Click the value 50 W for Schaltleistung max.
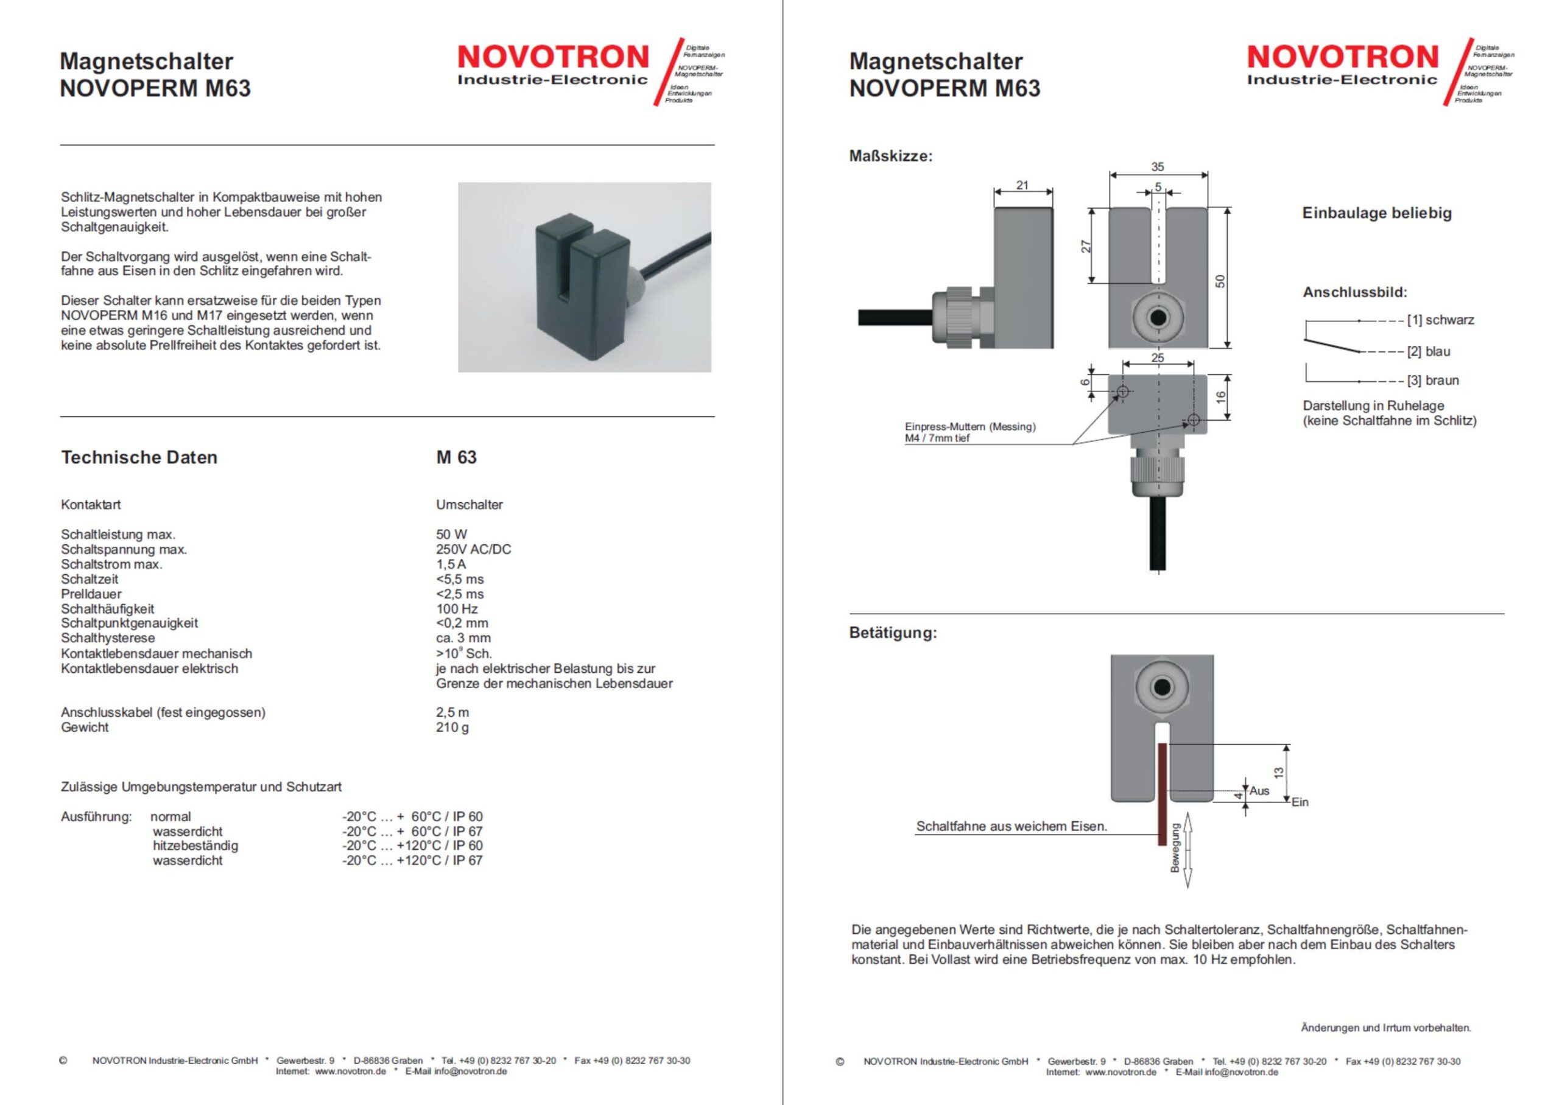pyautogui.click(x=451, y=534)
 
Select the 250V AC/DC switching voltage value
pyautogui.click(x=473, y=549)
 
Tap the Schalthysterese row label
pyautogui.click(x=108, y=637)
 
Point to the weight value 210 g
pyautogui.click(x=452, y=727)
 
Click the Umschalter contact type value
pyautogui.click(x=469, y=504)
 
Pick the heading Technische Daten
pyautogui.click(x=139, y=457)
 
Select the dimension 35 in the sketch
pyautogui.click(x=1158, y=167)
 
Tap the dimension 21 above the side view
pyautogui.click(x=1022, y=185)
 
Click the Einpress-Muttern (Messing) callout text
pyautogui.click(x=970, y=427)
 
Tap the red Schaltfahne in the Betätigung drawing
pyautogui.click(x=1163, y=793)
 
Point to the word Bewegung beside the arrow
pyautogui.click(x=1175, y=848)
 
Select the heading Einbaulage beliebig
pyautogui.click(x=1377, y=213)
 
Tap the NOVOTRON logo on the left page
pyautogui.click(x=552, y=65)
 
